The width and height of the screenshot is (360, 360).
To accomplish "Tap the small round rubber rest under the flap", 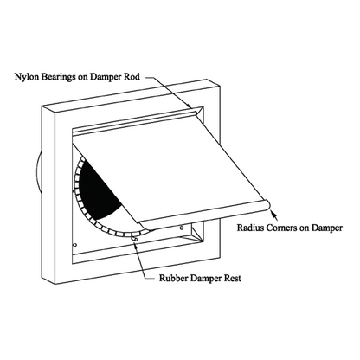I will (x=135, y=239).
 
